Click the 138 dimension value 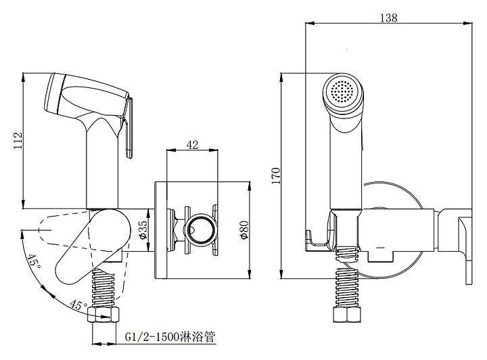tap(388, 18)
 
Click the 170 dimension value tap(276, 176)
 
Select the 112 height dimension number tap(18, 140)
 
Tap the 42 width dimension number tap(192, 144)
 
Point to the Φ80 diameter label tap(245, 230)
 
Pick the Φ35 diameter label tap(143, 230)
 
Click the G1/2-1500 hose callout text tap(170, 337)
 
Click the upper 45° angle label tap(34, 262)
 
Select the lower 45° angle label tap(78, 305)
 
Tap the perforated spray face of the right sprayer tap(342, 91)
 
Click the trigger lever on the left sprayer tap(129, 128)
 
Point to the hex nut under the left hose tap(103, 315)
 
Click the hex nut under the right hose tap(347, 315)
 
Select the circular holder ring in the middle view tap(201, 230)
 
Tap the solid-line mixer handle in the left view tap(93, 246)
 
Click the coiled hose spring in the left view tap(103, 288)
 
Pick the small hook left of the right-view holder tap(312, 240)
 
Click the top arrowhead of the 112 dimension tap(23, 78)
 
